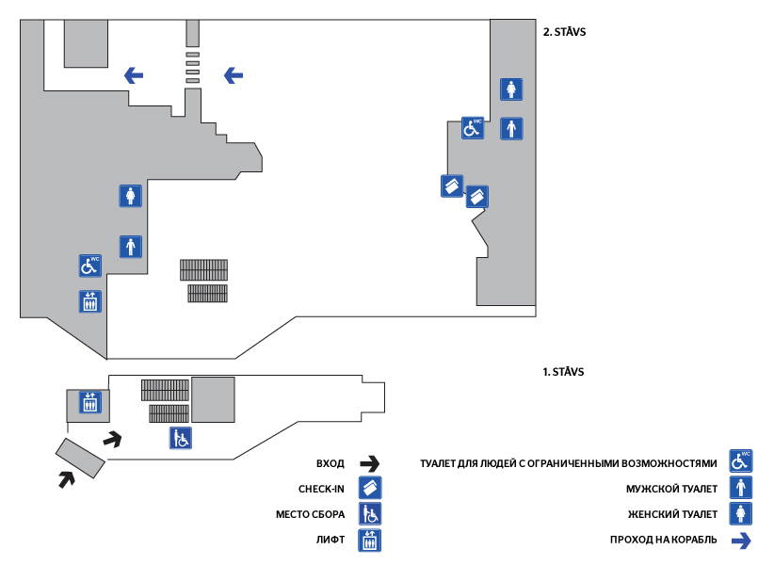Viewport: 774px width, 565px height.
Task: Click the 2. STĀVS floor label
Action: click(566, 31)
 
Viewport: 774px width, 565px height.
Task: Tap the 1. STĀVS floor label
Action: click(564, 372)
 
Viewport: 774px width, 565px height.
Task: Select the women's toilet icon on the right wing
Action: click(511, 89)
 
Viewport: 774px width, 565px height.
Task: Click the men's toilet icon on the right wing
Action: click(511, 128)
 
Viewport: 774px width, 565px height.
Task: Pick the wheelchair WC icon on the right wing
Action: click(472, 128)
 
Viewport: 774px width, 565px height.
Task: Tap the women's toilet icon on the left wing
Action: click(130, 196)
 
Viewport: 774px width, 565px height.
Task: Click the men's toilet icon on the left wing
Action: click(130, 246)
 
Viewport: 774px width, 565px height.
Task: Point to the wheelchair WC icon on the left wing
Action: click(89, 266)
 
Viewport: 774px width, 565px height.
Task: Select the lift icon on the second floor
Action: click(89, 301)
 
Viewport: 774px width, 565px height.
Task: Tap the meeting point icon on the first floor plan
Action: click(181, 438)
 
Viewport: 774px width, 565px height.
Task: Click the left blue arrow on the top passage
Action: click(134, 75)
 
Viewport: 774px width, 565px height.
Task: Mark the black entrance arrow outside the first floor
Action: click(65, 478)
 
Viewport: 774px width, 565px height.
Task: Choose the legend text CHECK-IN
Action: click(321, 489)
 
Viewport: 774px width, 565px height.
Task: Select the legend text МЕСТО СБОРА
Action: click(310, 515)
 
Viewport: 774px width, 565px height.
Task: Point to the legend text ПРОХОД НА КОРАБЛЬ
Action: click(664, 540)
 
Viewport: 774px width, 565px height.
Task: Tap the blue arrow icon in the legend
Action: click(742, 540)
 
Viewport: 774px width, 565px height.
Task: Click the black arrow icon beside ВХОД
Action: click(369, 463)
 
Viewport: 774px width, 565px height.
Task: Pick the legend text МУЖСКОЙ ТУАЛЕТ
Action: click(672, 489)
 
